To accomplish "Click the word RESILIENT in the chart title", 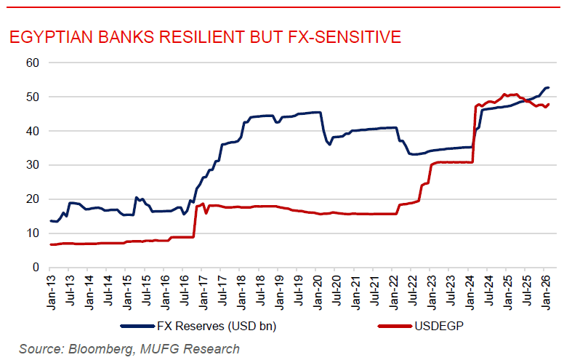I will click(x=221, y=37).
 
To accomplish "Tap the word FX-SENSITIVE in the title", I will click(x=342, y=37).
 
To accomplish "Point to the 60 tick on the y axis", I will click(x=32, y=63).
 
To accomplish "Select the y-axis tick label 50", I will click(x=32, y=97).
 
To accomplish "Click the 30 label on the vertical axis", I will click(x=32, y=165).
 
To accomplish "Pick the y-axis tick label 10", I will click(x=32, y=233).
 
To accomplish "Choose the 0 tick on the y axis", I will click(x=35, y=268).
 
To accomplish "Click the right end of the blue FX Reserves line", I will click(x=548, y=88).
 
